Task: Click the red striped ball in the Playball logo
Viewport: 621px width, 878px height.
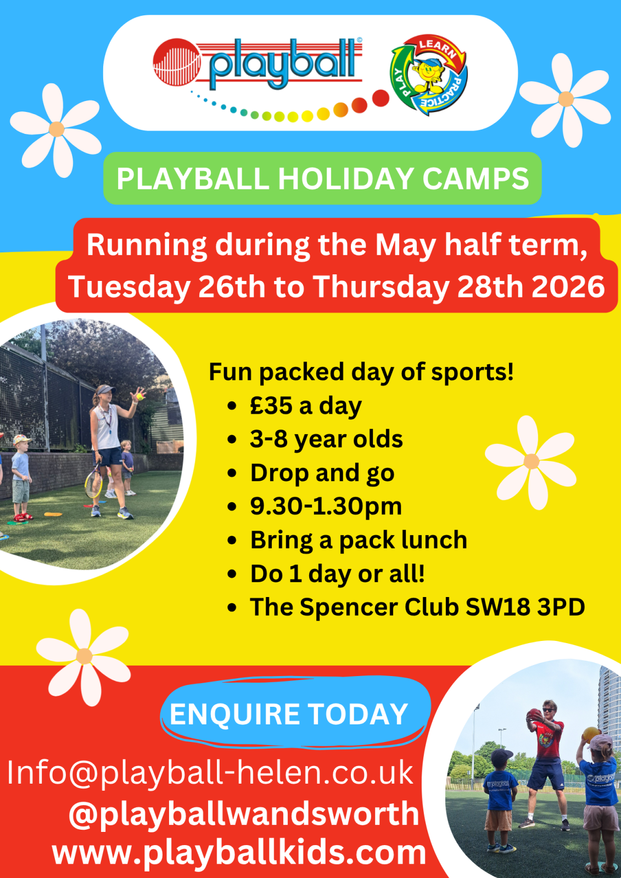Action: coord(177,62)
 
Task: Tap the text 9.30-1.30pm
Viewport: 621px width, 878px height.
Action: coord(326,507)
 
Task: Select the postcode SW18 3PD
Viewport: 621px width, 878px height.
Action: coord(525,607)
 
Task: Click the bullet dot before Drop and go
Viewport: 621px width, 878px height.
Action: coord(232,473)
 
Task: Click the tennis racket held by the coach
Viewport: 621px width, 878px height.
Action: coord(94,481)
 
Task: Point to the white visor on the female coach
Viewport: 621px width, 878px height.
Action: coord(105,389)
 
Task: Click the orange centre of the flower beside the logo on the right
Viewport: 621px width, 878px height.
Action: coord(566,99)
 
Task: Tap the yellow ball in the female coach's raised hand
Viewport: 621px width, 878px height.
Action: coord(139,397)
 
